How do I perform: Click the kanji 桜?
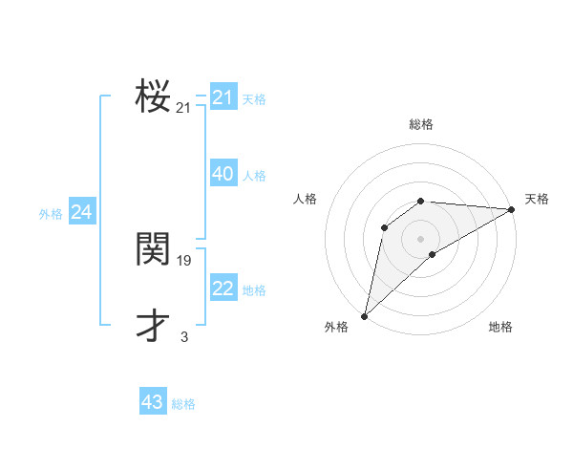coord(153,97)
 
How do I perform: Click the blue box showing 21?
coord(223,97)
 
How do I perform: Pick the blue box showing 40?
coord(223,174)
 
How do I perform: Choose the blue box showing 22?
coord(223,289)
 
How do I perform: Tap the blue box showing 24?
coord(82,212)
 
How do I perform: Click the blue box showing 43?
coord(153,402)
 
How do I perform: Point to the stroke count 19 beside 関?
coord(184,260)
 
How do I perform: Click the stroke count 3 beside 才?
coord(184,336)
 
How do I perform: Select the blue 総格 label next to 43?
coord(183,404)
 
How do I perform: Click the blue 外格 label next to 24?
coord(51,214)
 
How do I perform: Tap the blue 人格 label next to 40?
coord(254,176)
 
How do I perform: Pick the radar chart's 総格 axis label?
coord(420,124)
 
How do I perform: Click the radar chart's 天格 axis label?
coord(537,199)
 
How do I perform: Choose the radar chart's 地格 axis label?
coord(500,328)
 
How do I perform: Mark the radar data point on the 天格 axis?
coord(511,209)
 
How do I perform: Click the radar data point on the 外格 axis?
coord(364,315)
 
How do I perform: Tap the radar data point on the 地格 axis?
coord(433,254)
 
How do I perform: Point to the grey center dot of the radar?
coord(420,238)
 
